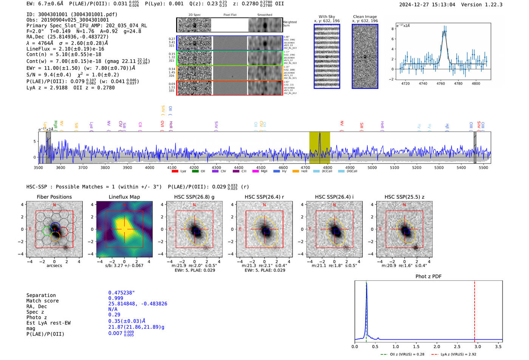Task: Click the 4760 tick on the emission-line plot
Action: pyautogui.click(x=441, y=83)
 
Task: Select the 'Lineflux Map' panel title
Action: pyautogui.click(x=124, y=197)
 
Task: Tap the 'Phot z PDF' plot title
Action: pyautogui.click(x=428, y=277)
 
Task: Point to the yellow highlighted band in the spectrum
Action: pyautogui.click(x=319, y=147)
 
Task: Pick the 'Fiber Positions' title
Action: pyautogui.click(x=54, y=197)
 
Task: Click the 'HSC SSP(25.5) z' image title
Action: pyautogui.click(x=404, y=197)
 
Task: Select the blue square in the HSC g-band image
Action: pyautogui.click(x=196, y=232)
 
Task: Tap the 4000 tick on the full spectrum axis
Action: pyautogui.click(x=150, y=167)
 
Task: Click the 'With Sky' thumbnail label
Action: pyautogui.click(x=326, y=17)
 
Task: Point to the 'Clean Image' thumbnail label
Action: pyautogui.click(x=365, y=17)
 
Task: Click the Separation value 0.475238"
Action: pyautogui.click(x=121, y=293)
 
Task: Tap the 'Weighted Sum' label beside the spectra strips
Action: pyautogui.click(x=289, y=24)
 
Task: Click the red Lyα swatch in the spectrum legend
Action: pyautogui.click(x=175, y=171)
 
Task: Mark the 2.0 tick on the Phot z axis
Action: pyautogui.click(x=436, y=346)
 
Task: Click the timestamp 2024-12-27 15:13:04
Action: pyautogui.click(x=427, y=5)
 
